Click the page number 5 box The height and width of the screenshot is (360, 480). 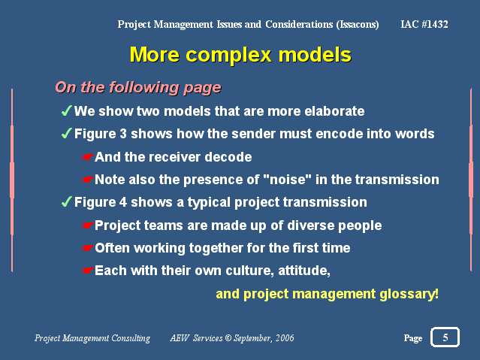click(x=445, y=337)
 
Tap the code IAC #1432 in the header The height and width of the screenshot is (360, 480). click(x=424, y=24)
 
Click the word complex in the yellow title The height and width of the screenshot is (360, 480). click(x=228, y=56)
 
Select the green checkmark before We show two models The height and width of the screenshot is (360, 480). click(x=66, y=110)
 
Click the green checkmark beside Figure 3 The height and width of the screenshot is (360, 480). click(x=66, y=133)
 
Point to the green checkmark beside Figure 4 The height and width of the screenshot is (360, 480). click(x=66, y=201)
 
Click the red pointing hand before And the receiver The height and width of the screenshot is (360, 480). click(x=87, y=157)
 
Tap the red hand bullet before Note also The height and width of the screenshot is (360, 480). click(x=87, y=180)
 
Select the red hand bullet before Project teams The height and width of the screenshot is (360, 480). click(x=87, y=225)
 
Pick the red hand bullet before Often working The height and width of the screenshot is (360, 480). click(x=87, y=248)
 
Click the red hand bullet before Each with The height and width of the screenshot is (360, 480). click(x=87, y=271)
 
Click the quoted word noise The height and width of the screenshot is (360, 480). click(x=288, y=180)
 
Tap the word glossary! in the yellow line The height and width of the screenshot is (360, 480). click(x=409, y=294)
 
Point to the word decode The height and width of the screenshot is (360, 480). click(x=228, y=157)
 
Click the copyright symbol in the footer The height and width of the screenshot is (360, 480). click(x=228, y=338)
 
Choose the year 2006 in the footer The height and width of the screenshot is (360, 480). click(x=285, y=338)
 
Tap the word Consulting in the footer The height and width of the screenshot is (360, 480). click(x=131, y=338)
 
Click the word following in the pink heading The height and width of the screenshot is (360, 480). click(x=143, y=88)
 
